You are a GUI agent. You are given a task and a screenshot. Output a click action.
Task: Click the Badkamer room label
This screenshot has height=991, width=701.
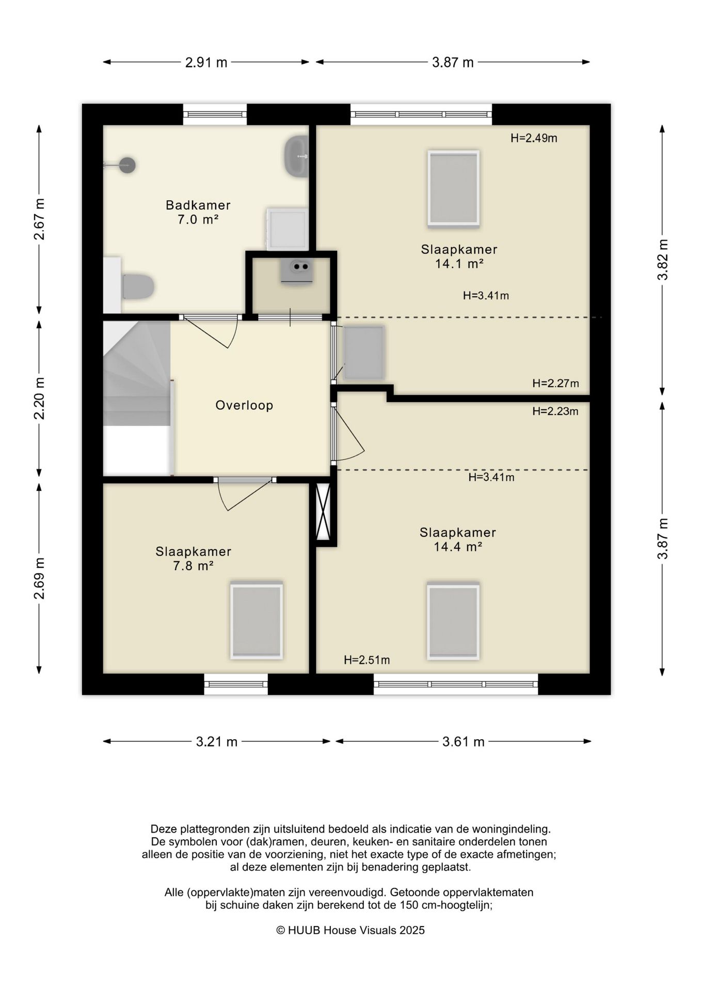(198, 205)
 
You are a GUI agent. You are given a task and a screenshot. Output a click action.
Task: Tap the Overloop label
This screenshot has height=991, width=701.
(244, 405)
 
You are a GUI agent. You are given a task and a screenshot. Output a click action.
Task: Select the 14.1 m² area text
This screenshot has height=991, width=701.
(459, 264)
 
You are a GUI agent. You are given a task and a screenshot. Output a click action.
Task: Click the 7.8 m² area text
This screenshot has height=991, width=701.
(194, 566)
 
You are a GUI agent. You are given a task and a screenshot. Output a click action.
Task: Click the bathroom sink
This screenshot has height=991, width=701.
(296, 156)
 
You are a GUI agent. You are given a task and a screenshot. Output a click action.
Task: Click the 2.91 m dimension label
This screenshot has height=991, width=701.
(206, 62)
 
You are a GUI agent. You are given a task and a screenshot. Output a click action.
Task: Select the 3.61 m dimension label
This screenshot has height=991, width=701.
(463, 742)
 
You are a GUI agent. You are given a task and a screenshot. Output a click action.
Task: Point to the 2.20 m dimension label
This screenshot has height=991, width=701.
(39, 398)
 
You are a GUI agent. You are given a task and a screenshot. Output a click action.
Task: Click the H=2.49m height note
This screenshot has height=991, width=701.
(534, 138)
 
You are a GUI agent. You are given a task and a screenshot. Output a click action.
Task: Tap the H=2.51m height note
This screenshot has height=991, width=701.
(367, 660)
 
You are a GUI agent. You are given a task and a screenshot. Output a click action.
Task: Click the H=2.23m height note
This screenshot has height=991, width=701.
(555, 411)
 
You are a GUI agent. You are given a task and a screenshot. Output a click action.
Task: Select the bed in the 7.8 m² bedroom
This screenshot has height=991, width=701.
(257, 620)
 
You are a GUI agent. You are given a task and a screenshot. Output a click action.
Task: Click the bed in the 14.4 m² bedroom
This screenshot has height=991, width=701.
(453, 621)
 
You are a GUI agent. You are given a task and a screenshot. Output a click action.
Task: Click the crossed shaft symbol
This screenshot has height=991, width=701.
(323, 512)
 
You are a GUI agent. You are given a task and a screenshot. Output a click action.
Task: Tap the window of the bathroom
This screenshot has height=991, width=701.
(215, 114)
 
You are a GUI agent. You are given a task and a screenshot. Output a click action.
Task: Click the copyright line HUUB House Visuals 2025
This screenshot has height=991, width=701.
(351, 930)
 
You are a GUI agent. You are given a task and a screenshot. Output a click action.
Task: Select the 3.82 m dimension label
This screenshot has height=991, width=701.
(663, 260)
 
